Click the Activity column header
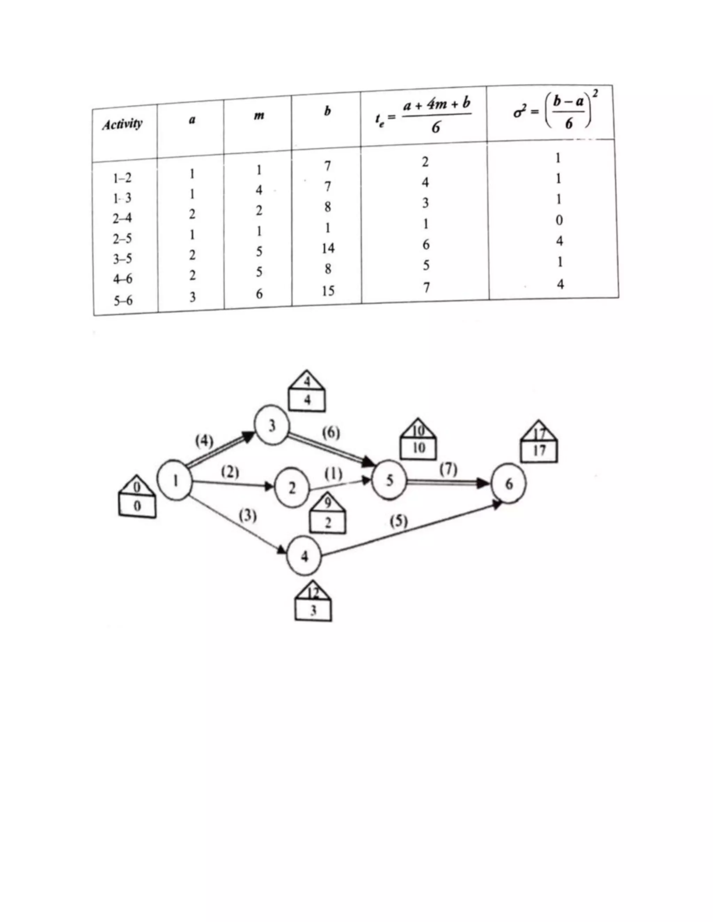[122, 125]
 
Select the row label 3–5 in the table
[123, 259]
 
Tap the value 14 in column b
[328, 249]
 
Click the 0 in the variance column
[559, 220]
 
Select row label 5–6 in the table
[123, 301]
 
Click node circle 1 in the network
[174, 480]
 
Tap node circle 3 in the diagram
[272, 425]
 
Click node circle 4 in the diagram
[304, 556]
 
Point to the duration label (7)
[448, 469]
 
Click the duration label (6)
[331, 433]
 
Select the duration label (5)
[398, 522]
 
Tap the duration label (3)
[248, 516]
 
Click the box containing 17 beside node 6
[539, 451]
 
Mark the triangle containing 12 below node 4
[313, 593]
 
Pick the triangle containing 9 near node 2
[328, 503]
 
